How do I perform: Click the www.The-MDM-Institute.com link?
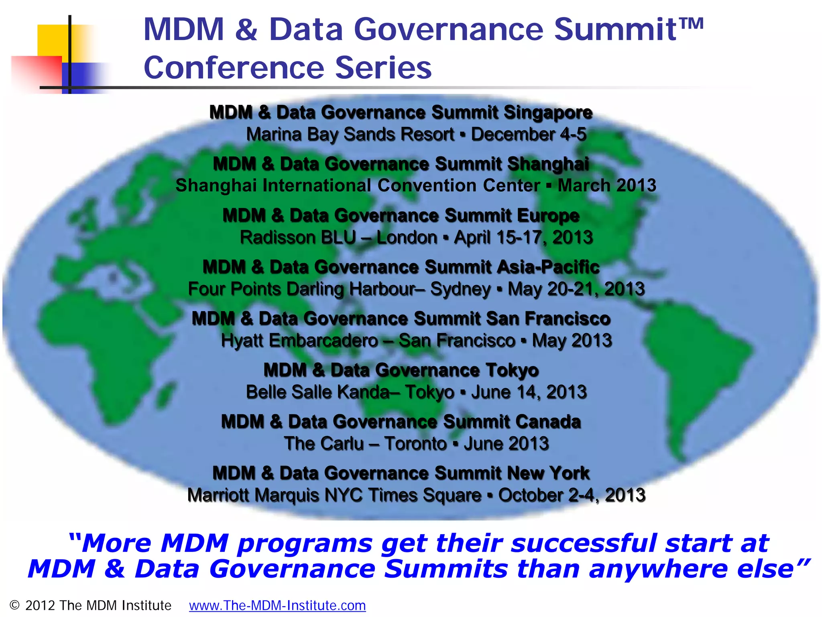[277, 605]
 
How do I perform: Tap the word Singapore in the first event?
[548, 112]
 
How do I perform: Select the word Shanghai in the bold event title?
[548, 164]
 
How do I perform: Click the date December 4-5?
[529, 135]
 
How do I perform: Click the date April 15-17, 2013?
[523, 238]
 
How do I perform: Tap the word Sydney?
[460, 289]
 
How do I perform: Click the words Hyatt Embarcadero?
[299, 341]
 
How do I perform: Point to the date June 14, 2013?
[529, 392]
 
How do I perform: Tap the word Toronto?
[415, 444]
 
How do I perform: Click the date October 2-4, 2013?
[572, 495]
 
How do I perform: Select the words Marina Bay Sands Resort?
[350, 135]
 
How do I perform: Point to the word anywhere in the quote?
[658, 569]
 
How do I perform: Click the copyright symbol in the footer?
[15, 605]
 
